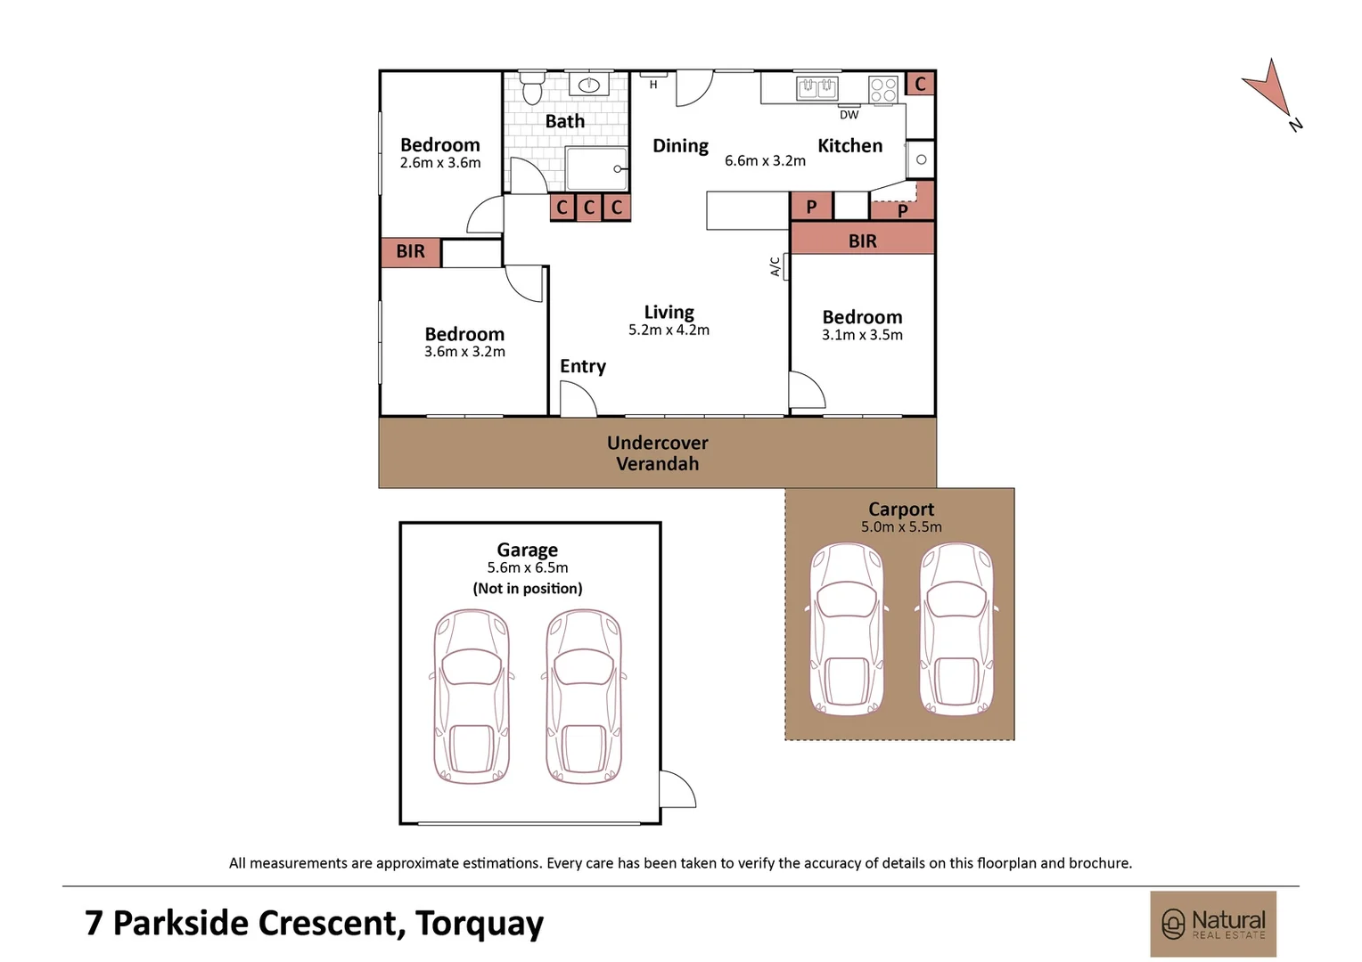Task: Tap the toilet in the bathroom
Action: tap(533, 87)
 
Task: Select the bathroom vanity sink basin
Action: tap(588, 86)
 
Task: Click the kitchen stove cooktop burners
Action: tap(882, 90)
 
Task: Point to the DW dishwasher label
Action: tap(849, 115)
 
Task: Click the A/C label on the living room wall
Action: tap(775, 267)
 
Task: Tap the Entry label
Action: tap(582, 366)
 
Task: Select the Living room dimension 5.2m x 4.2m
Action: tap(669, 330)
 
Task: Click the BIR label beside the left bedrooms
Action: tap(410, 251)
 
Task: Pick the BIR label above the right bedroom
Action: tap(862, 241)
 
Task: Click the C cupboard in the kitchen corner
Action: tap(920, 84)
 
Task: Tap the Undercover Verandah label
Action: tap(657, 452)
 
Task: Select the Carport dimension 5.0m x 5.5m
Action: tap(901, 527)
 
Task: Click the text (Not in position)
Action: tap(527, 588)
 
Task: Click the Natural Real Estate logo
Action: tap(1213, 924)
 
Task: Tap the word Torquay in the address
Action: tap(480, 924)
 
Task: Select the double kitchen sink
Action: tap(816, 89)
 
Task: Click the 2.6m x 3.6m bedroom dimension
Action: tap(440, 163)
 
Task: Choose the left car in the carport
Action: tap(847, 628)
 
